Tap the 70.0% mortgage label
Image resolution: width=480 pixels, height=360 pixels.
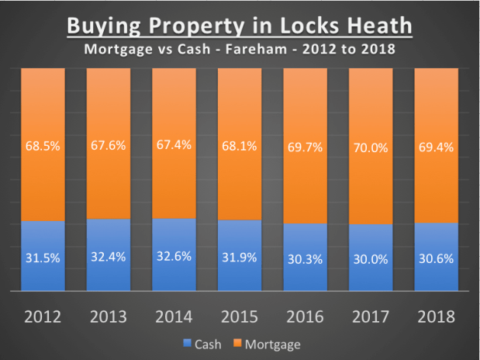pos(371,144)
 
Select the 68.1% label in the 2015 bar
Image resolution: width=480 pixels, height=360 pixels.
pos(240,144)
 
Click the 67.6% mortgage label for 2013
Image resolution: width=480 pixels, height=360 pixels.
pos(109,144)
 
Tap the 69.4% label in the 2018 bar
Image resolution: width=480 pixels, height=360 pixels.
pos(436,144)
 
